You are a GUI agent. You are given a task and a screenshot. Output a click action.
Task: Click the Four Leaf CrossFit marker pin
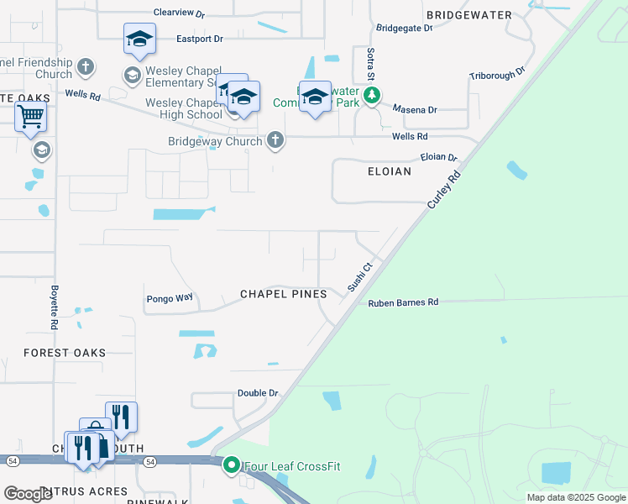[231, 465]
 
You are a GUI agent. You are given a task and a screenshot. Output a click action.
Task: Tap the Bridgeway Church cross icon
[275, 140]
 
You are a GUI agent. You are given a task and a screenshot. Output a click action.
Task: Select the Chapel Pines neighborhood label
[283, 294]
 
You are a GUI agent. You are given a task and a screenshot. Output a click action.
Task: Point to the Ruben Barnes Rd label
[403, 302]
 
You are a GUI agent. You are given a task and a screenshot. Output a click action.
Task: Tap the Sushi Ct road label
[359, 276]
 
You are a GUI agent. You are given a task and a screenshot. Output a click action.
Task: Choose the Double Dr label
[257, 393]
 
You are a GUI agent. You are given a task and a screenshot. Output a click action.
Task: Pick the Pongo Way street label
[170, 298]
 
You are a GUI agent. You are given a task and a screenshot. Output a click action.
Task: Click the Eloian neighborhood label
[390, 171]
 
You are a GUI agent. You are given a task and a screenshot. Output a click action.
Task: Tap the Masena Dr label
[416, 110]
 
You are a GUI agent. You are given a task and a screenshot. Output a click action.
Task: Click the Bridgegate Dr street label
[404, 28]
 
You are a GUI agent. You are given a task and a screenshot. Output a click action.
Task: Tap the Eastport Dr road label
[200, 39]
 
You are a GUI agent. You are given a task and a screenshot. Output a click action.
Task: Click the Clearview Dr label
[178, 13]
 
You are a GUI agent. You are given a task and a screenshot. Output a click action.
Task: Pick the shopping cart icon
[30, 118]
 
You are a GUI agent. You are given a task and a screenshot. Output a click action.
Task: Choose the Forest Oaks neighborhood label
[65, 353]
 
